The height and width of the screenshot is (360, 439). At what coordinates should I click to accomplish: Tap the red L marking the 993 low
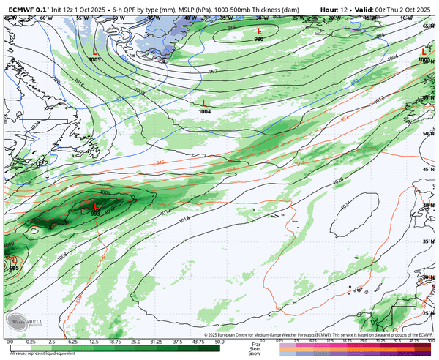pos(94,206)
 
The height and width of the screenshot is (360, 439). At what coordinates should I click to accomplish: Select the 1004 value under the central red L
pos(205,111)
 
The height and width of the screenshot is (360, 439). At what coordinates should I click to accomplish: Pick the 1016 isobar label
pos(184,218)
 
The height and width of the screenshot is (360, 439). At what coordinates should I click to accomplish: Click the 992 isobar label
pos(213,71)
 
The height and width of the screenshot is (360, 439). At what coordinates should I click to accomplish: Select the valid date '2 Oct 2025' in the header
pos(414,4)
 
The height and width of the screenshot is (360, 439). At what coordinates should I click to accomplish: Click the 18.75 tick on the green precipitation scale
pos(116,342)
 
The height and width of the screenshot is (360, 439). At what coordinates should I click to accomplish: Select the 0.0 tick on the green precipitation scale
pos(10,342)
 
